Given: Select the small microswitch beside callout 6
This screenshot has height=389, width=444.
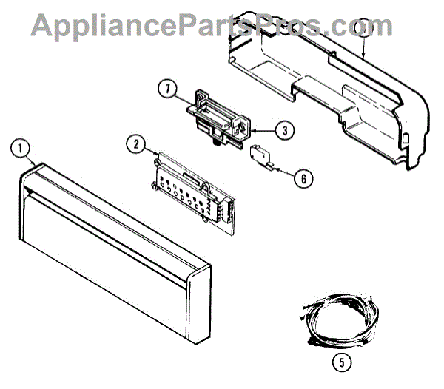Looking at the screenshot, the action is [258, 155].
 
